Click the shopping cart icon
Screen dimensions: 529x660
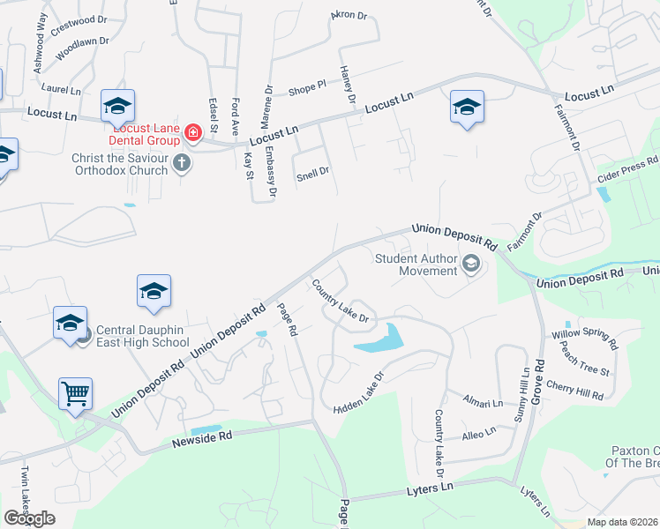coord(76,393)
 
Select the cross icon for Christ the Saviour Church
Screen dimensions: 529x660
coord(183,162)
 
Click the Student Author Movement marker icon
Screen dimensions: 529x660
coord(471,264)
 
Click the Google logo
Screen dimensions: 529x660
coord(29,518)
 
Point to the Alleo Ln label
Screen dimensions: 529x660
coord(480,434)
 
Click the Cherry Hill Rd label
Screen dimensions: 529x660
coord(575,390)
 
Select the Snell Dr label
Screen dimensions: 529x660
coord(312,173)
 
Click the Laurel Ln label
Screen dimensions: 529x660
coord(61,90)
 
